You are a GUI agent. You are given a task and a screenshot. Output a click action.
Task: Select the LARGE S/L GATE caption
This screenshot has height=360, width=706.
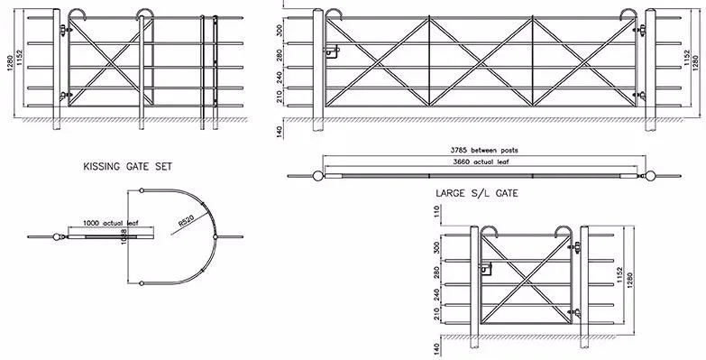pos(475,192)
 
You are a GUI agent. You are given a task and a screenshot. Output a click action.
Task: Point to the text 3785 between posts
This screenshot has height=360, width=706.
pos(484,149)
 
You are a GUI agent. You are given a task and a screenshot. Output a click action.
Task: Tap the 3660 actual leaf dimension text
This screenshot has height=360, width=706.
pos(484,161)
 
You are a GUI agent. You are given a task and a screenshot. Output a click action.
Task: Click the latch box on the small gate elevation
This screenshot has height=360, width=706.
pos(486,267)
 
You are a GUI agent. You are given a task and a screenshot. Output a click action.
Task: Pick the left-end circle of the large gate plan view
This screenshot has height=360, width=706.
pos(318,174)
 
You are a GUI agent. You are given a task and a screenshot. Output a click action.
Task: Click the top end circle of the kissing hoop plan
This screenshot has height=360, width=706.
pos(142,191)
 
